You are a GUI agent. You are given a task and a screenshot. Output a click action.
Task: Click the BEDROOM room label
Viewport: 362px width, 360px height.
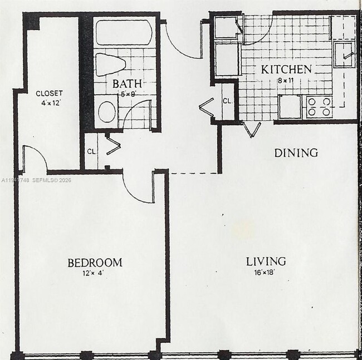pyautogui.click(x=95, y=263)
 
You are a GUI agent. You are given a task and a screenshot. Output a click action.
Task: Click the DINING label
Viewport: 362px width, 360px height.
pyautogui.click(x=296, y=152)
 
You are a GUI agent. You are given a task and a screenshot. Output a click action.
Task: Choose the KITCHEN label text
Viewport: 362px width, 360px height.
pyautogui.click(x=286, y=70)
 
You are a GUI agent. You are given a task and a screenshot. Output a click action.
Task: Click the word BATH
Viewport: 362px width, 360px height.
pyautogui.click(x=126, y=84)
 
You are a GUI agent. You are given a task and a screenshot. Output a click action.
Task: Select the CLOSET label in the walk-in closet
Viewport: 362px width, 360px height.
pyautogui.click(x=49, y=93)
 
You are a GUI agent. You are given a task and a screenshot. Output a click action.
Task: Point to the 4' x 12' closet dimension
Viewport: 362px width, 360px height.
pyautogui.click(x=49, y=102)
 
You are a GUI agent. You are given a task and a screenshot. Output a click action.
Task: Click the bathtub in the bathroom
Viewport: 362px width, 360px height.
pyautogui.click(x=124, y=32)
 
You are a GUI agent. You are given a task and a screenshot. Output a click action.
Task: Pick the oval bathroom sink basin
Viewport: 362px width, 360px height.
pyautogui.click(x=106, y=111)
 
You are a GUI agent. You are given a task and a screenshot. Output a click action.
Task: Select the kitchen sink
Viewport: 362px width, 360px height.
pyautogui.click(x=344, y=55)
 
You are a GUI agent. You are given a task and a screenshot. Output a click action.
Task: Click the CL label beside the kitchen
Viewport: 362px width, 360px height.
pyautogui.click(x=227, y=101)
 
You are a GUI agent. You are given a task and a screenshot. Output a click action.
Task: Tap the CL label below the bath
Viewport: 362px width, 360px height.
pyautogui.click(x=91, y=150)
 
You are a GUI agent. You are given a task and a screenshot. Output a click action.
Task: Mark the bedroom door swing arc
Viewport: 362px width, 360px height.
pyautogui.click(x=136, y=189)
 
